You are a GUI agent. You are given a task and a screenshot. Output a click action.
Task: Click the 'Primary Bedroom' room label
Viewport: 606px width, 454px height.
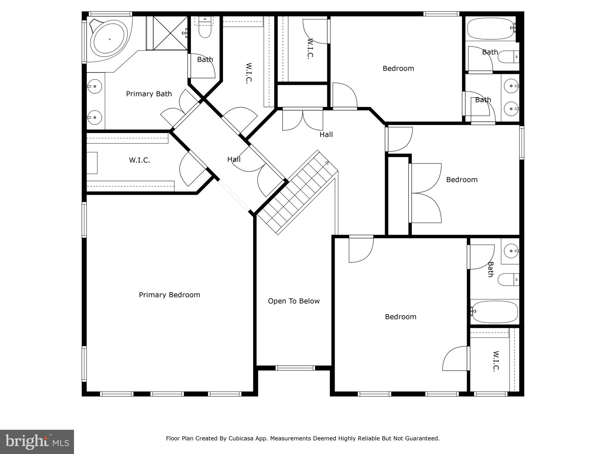[170, 295]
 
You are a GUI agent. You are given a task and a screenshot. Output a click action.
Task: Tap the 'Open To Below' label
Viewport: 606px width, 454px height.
[294, 301]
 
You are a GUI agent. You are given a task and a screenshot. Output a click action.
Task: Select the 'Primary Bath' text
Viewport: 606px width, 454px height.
[149, 94]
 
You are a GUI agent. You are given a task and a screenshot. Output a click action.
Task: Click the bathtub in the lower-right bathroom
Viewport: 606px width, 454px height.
[494, 312]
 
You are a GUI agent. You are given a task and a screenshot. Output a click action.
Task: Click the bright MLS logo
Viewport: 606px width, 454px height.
[37, 442]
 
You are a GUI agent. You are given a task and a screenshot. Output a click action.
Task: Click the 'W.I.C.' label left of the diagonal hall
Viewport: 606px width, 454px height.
[139, 160]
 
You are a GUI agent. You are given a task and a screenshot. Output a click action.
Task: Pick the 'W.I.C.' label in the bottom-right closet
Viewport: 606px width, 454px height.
[496, 361]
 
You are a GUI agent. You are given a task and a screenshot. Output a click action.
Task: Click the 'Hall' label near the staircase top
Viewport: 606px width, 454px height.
[326, 134]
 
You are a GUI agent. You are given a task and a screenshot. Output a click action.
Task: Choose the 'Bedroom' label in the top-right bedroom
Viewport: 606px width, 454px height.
[398, 69]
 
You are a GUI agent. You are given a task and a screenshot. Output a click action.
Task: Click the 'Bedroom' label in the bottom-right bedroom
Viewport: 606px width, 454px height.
[401, 317]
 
